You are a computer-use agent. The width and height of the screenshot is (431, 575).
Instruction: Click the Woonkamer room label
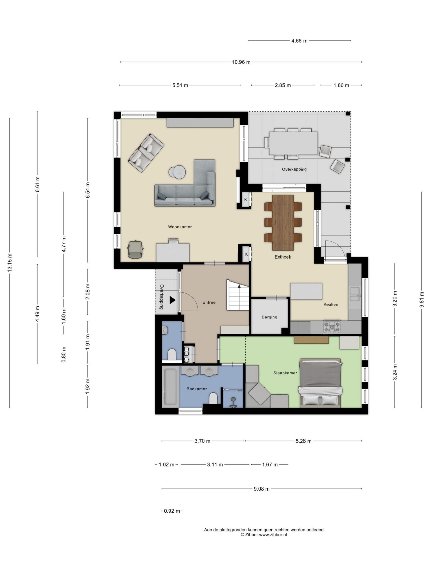180,227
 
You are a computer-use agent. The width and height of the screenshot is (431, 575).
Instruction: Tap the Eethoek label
283,257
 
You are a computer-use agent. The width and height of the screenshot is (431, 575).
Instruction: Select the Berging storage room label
269,317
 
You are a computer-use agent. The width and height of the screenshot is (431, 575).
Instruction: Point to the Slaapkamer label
285,373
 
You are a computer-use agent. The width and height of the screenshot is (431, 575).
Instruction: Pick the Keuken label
331,304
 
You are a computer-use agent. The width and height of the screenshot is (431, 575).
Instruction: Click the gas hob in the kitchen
332,327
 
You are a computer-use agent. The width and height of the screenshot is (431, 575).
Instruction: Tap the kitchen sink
355,294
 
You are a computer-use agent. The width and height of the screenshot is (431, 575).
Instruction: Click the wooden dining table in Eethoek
283,223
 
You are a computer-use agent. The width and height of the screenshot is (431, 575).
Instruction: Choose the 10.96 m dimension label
241,62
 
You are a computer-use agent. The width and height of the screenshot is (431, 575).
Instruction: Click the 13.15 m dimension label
10,263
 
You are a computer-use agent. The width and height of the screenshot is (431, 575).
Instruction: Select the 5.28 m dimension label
303,441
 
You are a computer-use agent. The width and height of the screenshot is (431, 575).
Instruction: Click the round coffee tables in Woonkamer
177,172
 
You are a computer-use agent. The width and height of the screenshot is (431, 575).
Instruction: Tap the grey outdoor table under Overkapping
293,143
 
